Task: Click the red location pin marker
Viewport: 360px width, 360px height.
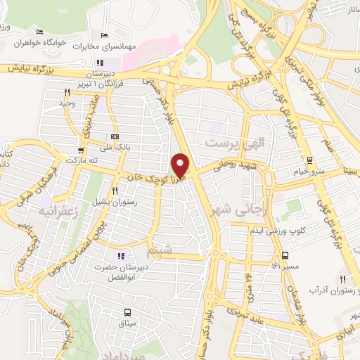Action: click(181, 165)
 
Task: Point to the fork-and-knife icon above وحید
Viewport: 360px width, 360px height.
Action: click(67, 92)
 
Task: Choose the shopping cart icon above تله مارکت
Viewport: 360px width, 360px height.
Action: click(82, 149)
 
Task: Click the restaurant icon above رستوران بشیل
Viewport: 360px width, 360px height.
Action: click(115, 191)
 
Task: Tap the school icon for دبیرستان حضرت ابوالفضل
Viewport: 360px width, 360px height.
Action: click(121, 255)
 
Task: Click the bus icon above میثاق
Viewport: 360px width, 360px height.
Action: click(127, 312)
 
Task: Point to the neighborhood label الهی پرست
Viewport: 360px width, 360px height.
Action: click(228, 143)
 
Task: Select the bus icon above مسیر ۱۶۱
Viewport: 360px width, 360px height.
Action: click(285, 255)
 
